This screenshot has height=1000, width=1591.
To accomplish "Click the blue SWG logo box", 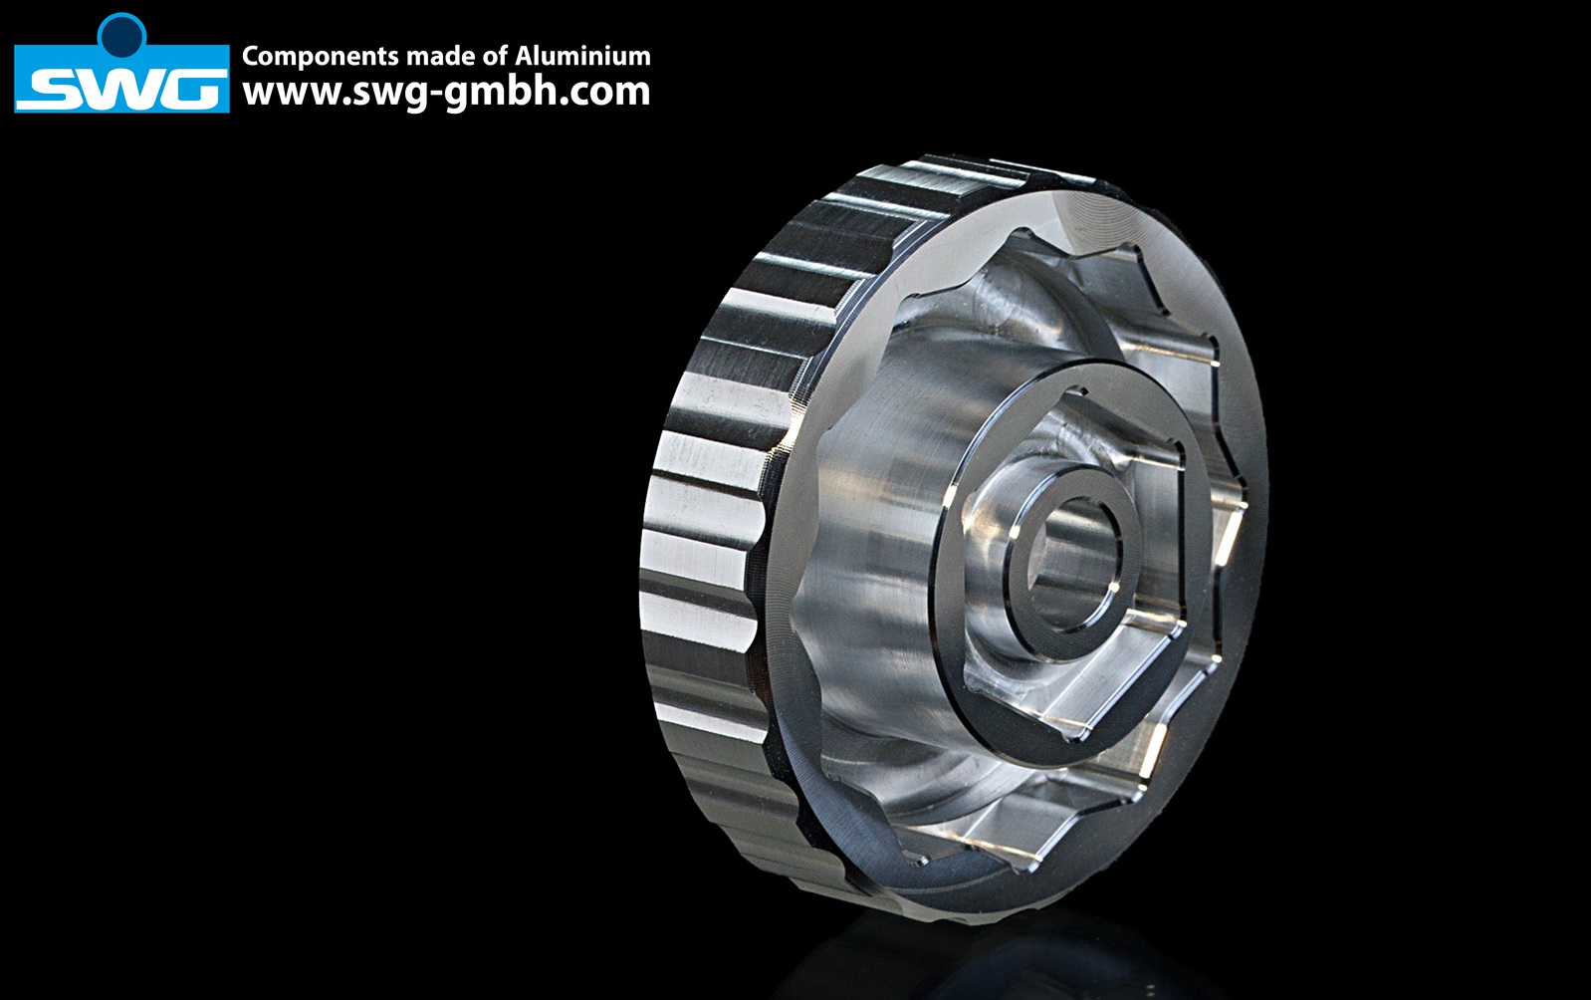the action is (x=121, y=78).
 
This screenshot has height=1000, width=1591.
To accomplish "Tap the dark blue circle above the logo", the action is (x=122, y=35).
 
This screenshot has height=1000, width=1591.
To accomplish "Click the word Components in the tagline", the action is (x=321, y=56).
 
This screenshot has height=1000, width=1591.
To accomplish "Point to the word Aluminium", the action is (x=582, y=56).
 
